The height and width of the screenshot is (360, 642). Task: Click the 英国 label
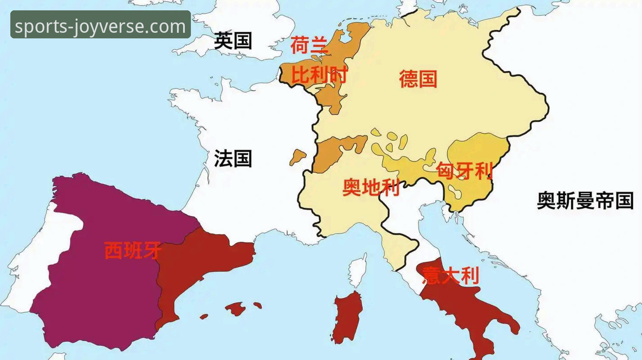pyautogui.click(x=233, y=41)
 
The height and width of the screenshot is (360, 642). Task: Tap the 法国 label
pyautogui.click(x=233, y=159)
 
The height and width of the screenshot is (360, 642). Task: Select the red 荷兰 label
pyautogui.click(x=309, y=45)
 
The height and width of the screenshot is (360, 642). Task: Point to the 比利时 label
pyautogui.click(x=319, y=75)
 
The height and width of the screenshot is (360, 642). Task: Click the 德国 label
pyautogui.click(x=418, y=79)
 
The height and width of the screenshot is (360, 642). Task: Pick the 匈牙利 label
pyautogui.click(x=464, y=171)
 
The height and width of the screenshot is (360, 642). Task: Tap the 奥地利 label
pyautogui.click(x=371, y=188)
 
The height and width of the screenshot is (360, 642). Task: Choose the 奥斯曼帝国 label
pyautogui.click(x=585, y=201)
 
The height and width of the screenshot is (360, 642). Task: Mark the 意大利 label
pyautogui.click(x=451, y=275)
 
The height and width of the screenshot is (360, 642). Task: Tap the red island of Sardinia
pyautogui.click(x=348, y=317)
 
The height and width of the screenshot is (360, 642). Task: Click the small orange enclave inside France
pyautogui.click(x=297, y=157)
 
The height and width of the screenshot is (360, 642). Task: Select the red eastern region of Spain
pyautogui.click(x=203, y=263)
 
